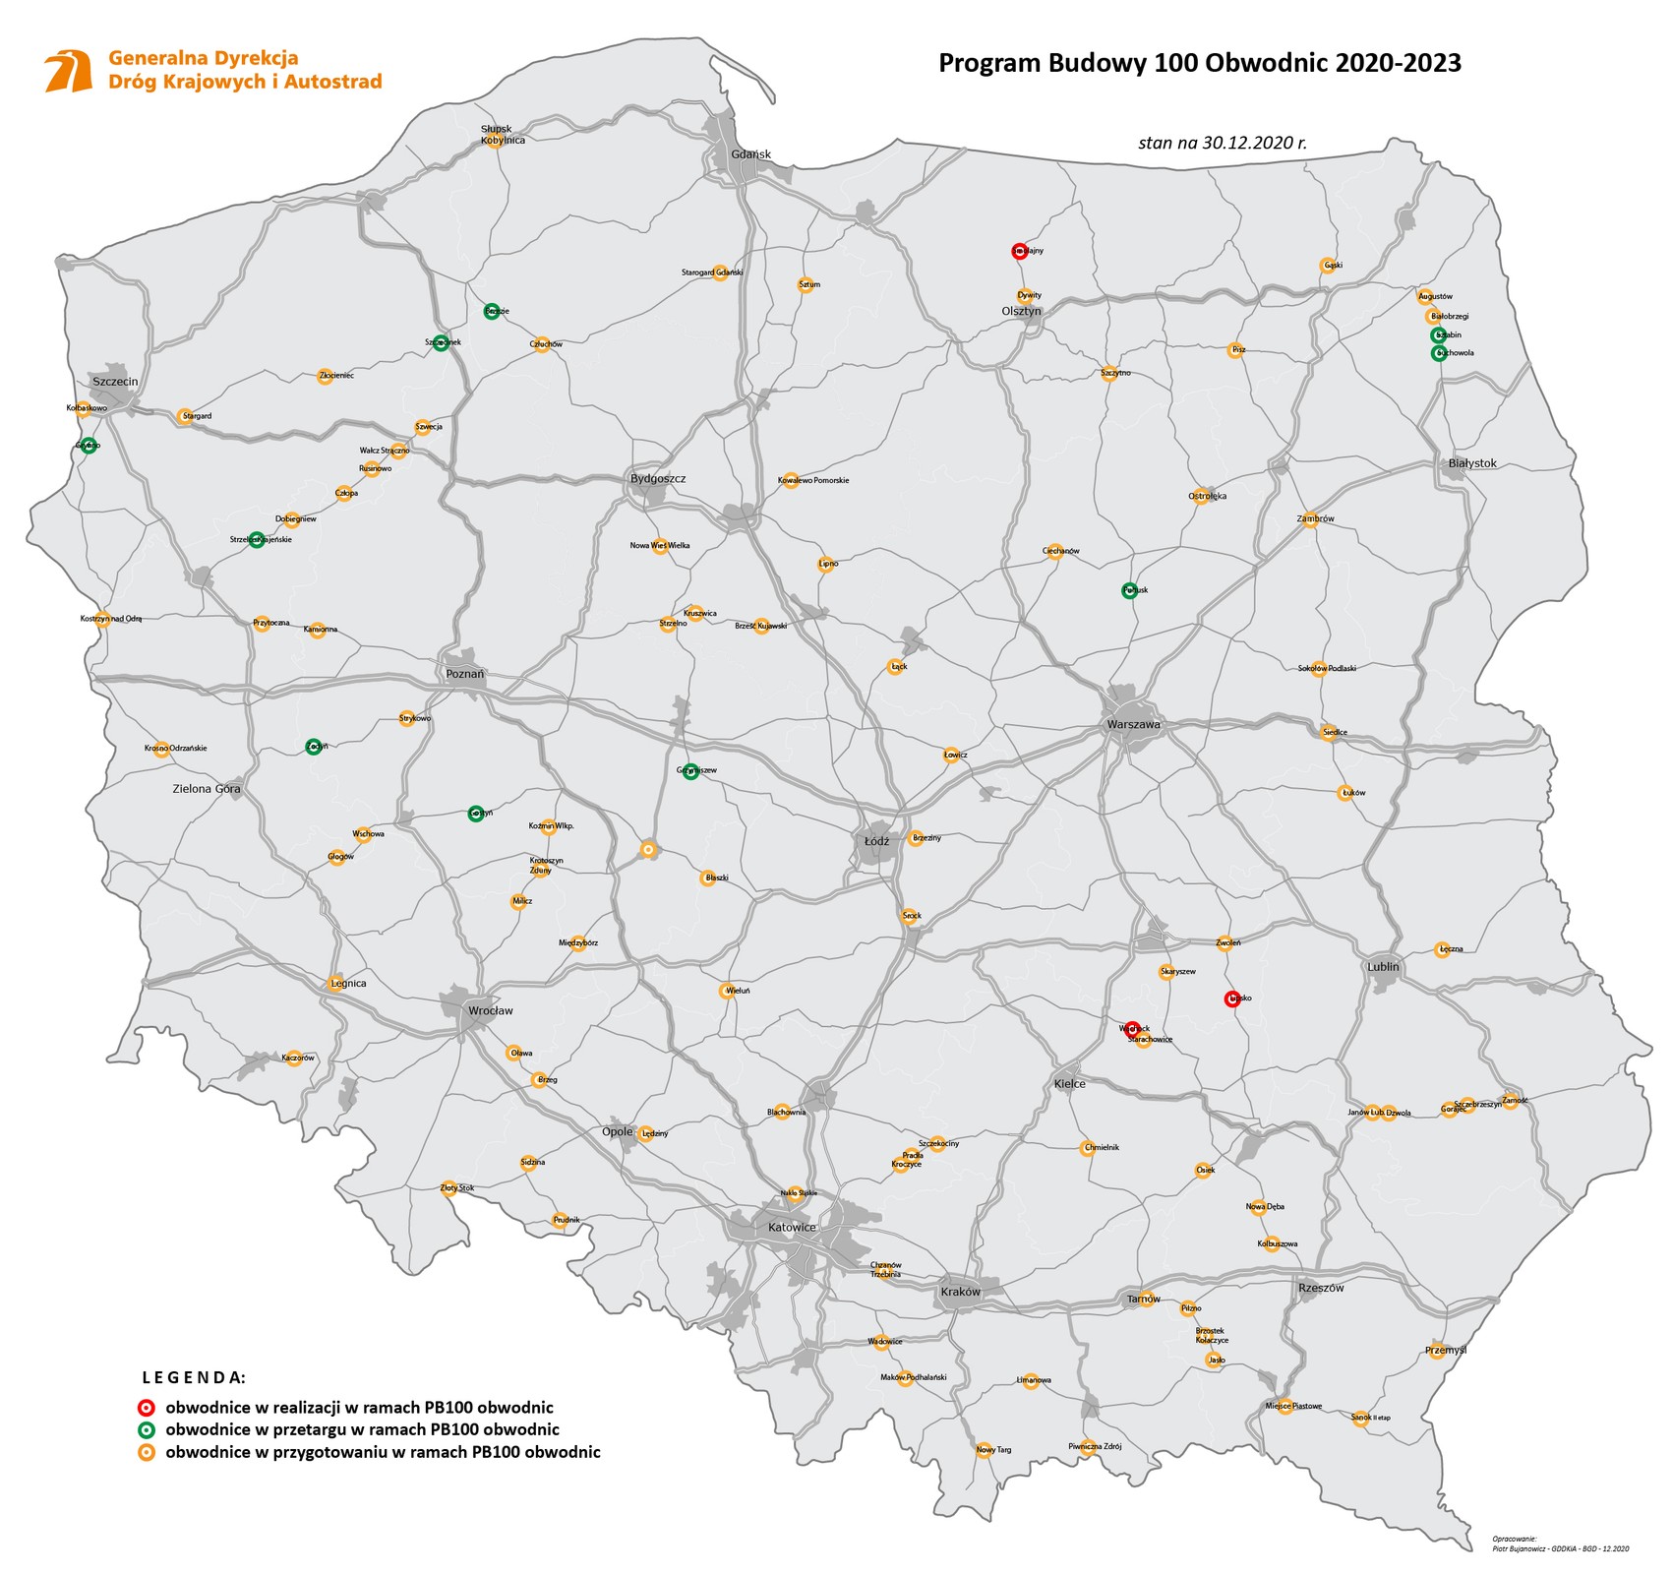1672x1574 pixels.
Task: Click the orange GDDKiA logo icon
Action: point(69,70)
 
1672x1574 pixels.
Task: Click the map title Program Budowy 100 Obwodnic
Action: point(1199,63)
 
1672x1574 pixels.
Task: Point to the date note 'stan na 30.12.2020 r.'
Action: point(1222,143)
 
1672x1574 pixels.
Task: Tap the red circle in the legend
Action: point(147,1408)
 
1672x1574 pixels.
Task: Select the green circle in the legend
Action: point(147,1429)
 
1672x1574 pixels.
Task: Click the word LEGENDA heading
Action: point(194,1376)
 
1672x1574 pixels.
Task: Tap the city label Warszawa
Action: point(1133,724)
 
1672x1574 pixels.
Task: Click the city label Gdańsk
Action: point(750,154)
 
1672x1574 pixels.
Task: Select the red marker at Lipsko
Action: point(1230,999)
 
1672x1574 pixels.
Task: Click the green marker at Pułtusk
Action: point(1129,590)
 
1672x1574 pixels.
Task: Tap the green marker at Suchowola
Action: point(1438,352)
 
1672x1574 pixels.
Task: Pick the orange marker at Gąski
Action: point(1326,265)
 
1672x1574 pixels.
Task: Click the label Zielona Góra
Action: point(207,789)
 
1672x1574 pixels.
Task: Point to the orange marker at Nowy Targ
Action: point(984,1450)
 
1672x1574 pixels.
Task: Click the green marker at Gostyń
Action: point(476,814)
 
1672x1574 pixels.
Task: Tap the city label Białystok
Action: point(1471,463)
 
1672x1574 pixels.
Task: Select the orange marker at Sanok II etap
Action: point(1361,1419)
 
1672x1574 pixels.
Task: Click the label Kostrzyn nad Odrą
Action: point(110,619)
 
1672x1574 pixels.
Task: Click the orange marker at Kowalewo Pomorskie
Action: point(790,480)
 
